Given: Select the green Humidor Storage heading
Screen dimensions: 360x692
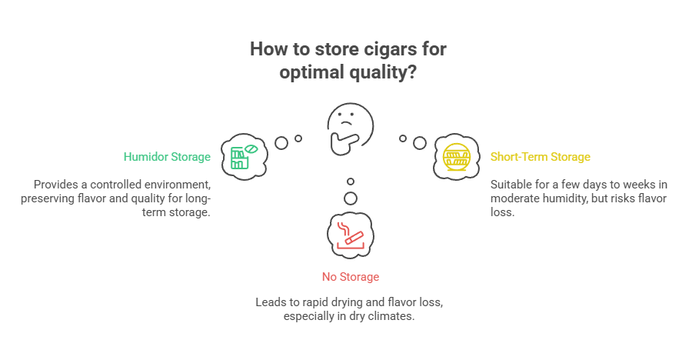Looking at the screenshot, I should (167, 157).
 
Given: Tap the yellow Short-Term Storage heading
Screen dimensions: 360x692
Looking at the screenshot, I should (540, 157).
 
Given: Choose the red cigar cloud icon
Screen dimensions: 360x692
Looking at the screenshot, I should (349, 233).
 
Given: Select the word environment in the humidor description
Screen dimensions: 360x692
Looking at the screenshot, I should (177, 185).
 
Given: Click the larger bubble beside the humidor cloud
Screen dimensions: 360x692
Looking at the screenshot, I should (281, 142).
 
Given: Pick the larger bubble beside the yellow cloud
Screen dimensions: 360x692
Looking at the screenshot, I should (419, 142).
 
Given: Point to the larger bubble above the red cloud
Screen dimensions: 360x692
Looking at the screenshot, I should (350, 198).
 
